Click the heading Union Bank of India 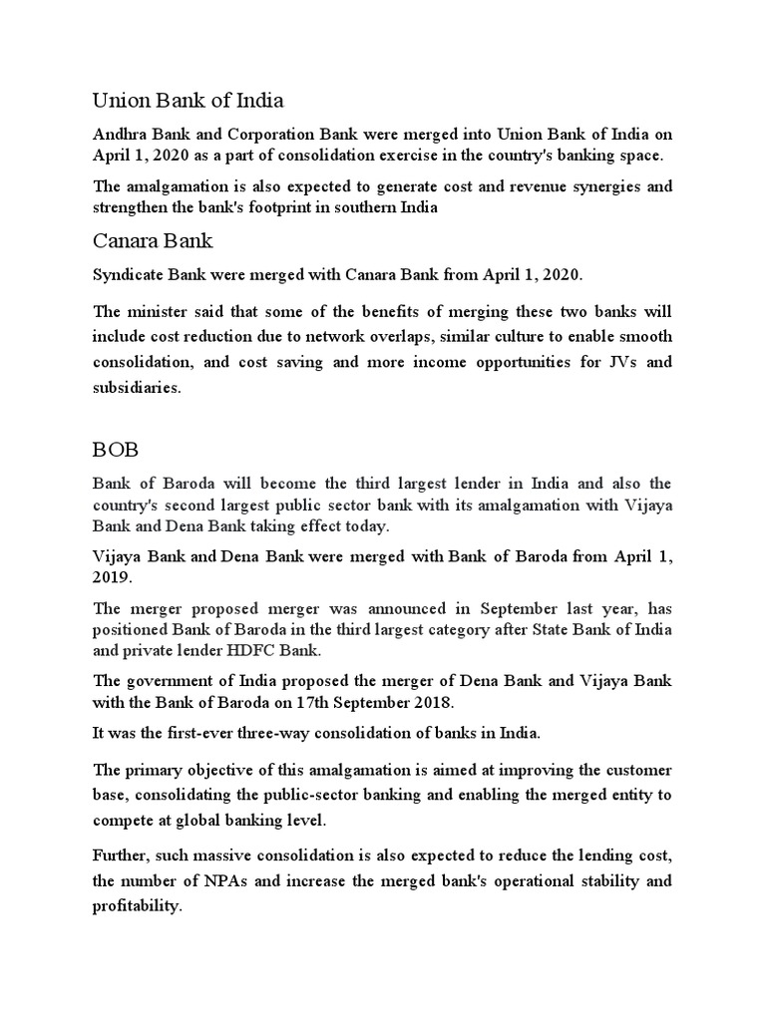188,100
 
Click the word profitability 137,907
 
